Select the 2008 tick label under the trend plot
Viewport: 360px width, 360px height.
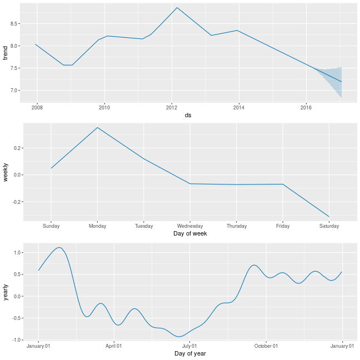37,107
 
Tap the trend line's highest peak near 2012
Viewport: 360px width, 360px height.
177,8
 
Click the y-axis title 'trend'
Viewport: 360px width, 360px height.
5,53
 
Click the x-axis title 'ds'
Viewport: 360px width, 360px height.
189,115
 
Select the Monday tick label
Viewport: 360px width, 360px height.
97,226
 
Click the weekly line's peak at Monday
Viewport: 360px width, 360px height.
97,128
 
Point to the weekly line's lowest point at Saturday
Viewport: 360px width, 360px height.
329,216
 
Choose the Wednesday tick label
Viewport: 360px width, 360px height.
190,226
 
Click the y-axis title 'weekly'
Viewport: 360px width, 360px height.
5,172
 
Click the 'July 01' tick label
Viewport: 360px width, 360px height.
190,346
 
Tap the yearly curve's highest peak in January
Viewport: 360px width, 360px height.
59,248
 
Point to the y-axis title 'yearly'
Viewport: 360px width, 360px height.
5,292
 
